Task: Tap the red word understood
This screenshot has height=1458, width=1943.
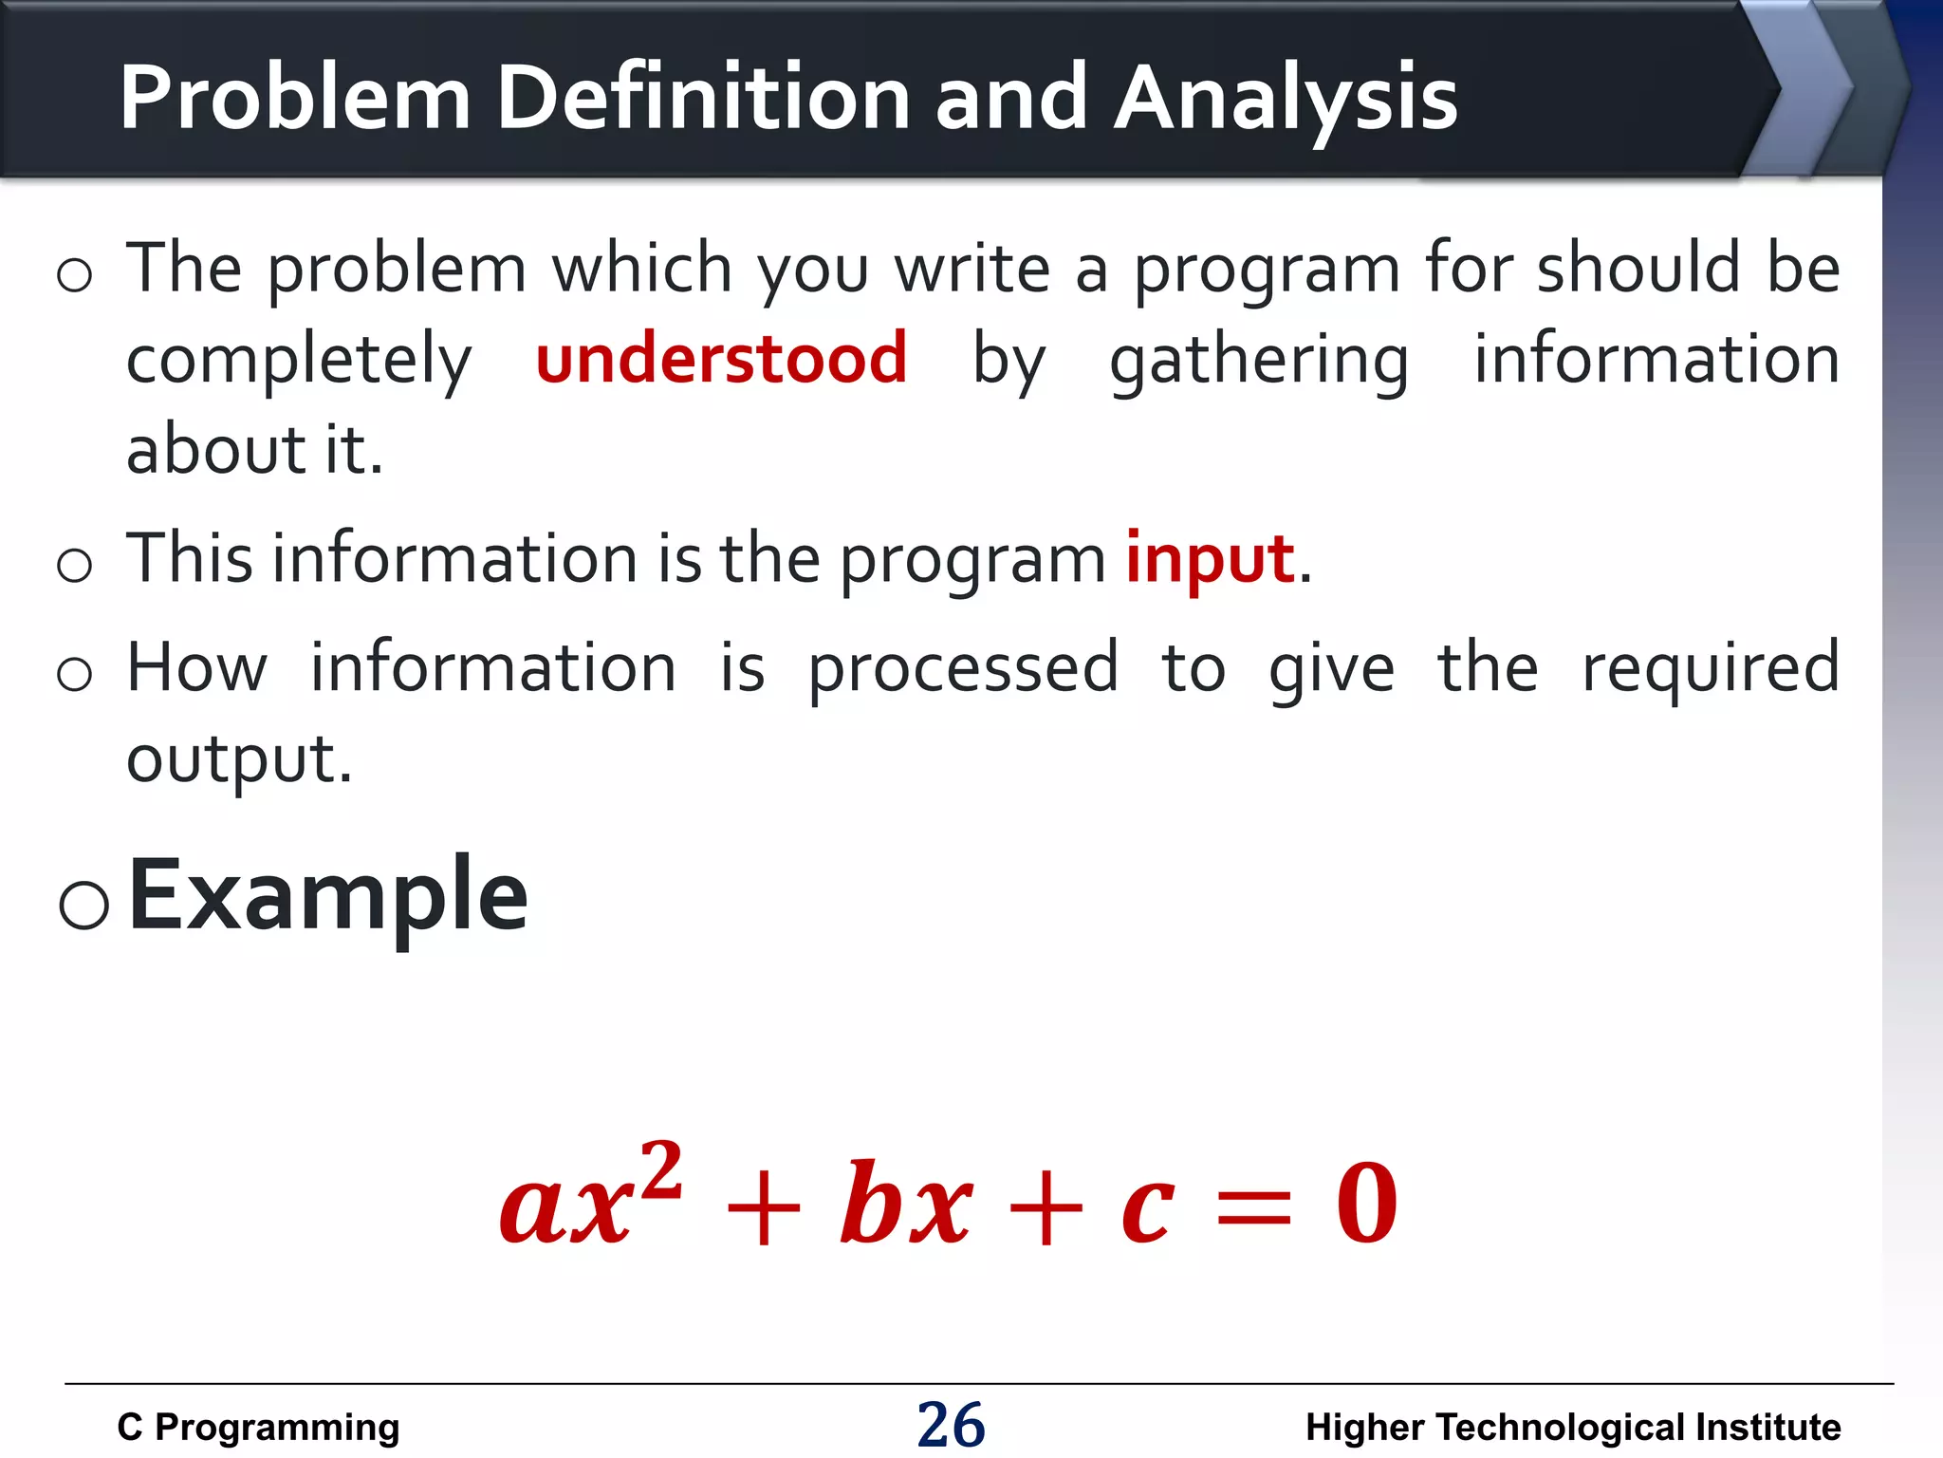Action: (721, 359)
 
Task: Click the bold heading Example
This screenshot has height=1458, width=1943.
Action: (327, 895)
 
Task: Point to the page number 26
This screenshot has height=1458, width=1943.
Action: (951, 1425)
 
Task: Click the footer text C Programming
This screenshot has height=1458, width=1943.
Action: (258, 1427)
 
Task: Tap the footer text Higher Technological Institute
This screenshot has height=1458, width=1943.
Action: (1572, 1427)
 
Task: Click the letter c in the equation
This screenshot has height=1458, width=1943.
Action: (1148, 1209)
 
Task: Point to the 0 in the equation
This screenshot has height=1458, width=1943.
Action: (1367, 1204)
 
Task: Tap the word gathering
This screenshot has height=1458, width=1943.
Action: (1259, 362)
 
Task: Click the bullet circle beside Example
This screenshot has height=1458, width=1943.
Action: (83, 904)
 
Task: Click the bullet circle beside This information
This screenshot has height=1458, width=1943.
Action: (74, 566)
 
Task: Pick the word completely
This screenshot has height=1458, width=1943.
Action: (299, 362)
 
